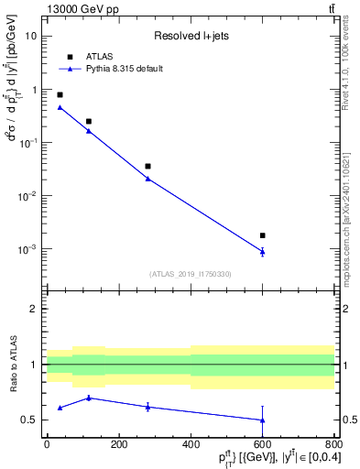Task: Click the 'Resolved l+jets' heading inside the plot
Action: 190,37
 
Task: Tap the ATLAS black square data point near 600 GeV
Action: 263,235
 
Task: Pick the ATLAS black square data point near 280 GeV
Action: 147,167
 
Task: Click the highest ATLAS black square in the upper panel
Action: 60,94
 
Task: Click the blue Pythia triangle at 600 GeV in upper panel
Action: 263,251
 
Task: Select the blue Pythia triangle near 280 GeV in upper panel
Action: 147,179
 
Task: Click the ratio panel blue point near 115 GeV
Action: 88,398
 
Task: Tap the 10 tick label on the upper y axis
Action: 32,37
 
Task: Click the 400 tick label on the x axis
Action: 191,444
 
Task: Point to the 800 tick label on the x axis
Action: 334,444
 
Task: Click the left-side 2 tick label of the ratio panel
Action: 35,310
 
